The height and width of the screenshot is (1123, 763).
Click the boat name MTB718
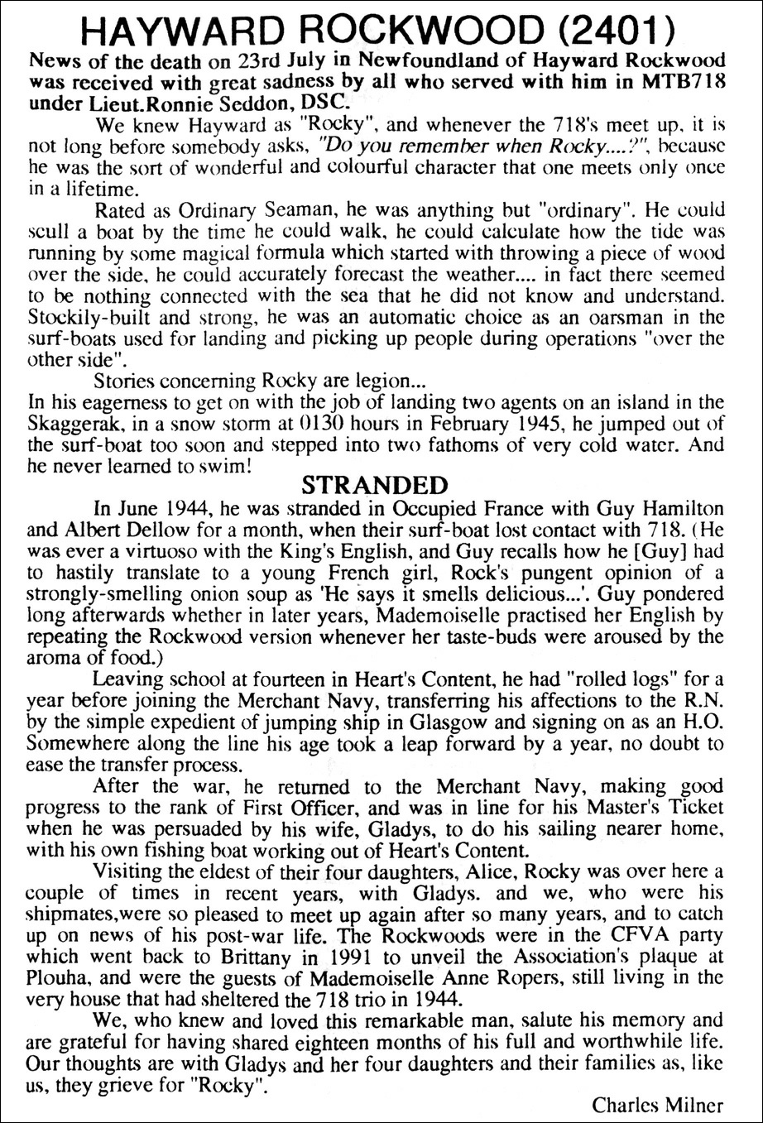tap(676, 83)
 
